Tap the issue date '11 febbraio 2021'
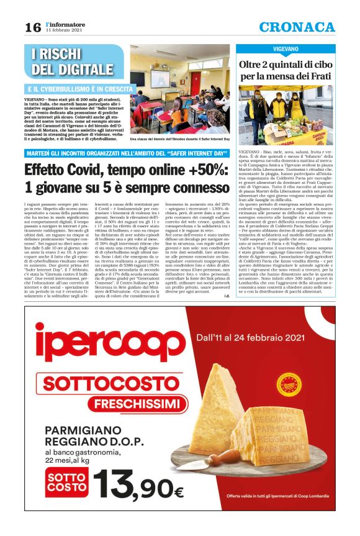63,31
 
